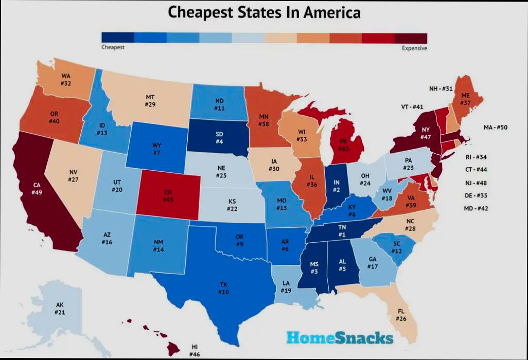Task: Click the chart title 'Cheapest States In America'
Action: point(264,12)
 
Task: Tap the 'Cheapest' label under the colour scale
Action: point(113,47)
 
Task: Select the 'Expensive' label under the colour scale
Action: point(414,48)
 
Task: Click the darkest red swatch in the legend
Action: point(411,38)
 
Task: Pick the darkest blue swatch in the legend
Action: point(118,38)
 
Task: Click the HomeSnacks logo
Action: point(340,338)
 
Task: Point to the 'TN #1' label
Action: point(342,231)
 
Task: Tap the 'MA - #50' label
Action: point(496,127)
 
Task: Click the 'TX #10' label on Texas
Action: point(223,288)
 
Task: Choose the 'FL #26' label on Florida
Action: point(401,315)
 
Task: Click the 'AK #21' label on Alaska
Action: point(60,309)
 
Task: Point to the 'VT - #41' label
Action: point(412,107)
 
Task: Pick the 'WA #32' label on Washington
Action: point(65,80)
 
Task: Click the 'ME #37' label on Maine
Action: point(466,99)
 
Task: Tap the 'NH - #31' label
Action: point(441,88)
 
